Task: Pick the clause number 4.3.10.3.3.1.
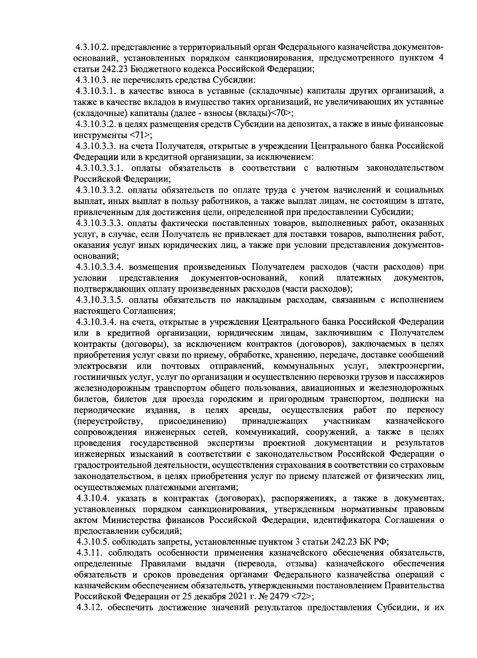coord(101,168)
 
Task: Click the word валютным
coord(337,168)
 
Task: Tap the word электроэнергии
coord(411,365)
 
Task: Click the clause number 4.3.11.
coord(89,552)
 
